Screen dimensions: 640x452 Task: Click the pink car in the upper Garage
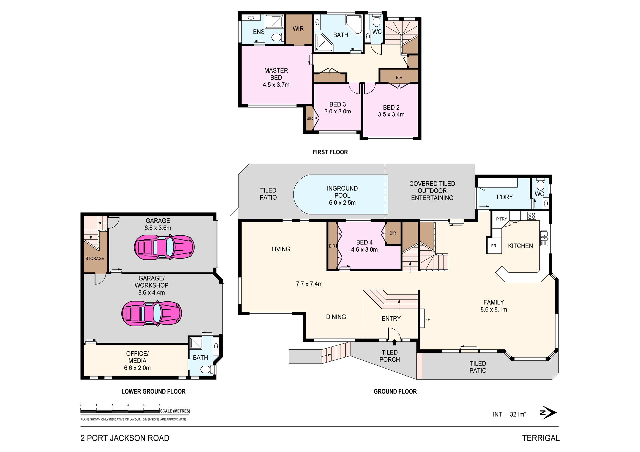coord(164,247)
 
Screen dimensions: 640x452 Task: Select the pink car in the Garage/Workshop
coord(152,313)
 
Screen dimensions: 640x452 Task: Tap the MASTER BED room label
coord(276,74)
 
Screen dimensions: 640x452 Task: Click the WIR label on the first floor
coord(298,29)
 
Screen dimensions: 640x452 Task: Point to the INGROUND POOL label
coord(342,192)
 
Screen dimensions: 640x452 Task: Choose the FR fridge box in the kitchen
coord(494,246)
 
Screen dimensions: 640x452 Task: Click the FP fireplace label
coord(428,319)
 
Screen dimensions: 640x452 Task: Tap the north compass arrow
coord(548,413)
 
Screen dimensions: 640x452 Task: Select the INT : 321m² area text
coord(509,414)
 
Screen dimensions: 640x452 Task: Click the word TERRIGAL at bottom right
coord(541,438)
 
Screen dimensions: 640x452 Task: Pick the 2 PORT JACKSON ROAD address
coord(125,438)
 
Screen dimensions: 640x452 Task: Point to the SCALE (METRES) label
coord(175,411)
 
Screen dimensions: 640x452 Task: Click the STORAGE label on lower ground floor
coord(95,258)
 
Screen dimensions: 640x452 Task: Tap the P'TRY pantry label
coord(501,219)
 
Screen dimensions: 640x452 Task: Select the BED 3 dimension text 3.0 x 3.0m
coord(338,112)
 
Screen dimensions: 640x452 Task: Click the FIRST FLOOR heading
coord(330,152)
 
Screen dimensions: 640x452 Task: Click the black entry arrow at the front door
coord(394,343)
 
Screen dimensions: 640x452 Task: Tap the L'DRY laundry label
coord(505,197)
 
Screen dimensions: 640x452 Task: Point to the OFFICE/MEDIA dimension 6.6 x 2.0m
coord(137,368)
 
